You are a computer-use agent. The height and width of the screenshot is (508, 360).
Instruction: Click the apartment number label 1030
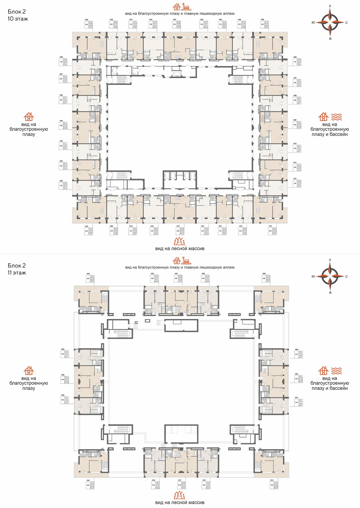click(x=111, y=20)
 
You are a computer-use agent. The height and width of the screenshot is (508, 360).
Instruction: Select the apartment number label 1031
click(x=131, y=20)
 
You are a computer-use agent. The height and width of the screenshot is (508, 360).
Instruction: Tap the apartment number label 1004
click(x=239, y=20)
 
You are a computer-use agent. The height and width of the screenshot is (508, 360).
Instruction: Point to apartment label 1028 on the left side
click(x=61, y=57)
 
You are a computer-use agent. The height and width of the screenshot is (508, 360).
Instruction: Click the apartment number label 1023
click(x=61, y=161)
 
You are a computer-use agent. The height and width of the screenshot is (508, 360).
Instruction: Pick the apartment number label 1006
click(x=295, y=57)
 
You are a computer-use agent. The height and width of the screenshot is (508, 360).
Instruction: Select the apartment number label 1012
click(x=295, y=179)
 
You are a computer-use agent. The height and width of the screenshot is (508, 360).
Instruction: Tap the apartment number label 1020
click(x=111, y=226)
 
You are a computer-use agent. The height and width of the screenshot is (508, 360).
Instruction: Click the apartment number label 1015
click(x=220, y=226)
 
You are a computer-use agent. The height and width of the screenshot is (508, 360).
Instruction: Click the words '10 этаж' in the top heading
click(x=18, y=19)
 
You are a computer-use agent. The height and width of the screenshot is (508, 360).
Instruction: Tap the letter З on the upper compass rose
click(x=330, y=6)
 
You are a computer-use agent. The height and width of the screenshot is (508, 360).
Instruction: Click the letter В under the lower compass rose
click(x=330, y=292)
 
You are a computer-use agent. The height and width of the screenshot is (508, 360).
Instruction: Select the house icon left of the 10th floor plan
click(x=29, y=117)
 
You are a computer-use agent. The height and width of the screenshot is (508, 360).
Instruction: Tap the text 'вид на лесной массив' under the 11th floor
click(x=180, y=503)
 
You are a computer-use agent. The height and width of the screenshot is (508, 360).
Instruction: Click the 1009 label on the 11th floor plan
click(x=296, y=374)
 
